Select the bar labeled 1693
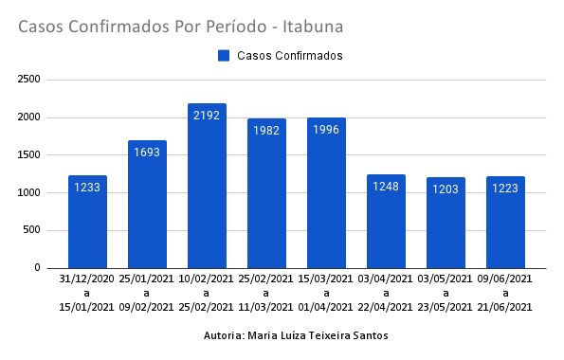(147, 205)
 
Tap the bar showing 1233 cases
(87, 222)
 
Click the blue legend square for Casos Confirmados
(224, 56)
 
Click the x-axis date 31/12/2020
(87, 279)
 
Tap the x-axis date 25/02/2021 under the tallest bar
(207, 306)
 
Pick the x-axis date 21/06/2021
(505, 306)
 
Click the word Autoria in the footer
(224, 336)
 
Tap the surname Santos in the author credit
(367, 336)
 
